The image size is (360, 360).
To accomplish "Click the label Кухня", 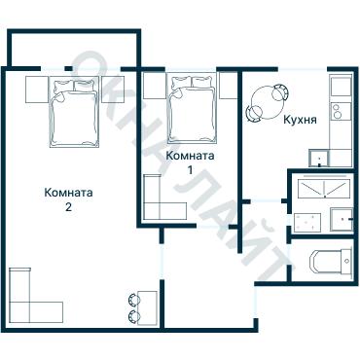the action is point(300,120).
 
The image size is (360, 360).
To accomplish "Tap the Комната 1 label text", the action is point(190,162).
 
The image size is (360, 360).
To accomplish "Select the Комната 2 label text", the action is point(68,199).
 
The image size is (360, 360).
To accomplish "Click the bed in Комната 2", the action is point(74,112).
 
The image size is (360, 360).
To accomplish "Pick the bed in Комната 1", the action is point(192,109).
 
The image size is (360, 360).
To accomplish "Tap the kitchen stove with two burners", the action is point(341,111).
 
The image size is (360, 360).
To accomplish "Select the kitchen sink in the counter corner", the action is point(319,158).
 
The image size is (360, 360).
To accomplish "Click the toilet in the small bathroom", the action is point(331,262).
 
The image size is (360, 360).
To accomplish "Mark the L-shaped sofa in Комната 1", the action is point(164,198).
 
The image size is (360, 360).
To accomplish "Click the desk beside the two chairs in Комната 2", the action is point(147,307).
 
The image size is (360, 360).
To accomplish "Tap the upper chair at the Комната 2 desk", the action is point(134,300).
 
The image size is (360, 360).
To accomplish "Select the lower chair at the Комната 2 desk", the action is point(134,316).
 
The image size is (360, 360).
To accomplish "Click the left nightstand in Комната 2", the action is point(37,90).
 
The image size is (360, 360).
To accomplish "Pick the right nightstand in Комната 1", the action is point(229,86).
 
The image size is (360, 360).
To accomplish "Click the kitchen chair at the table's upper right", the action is point(280,92).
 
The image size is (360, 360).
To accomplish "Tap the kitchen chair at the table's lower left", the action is point(254,114).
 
